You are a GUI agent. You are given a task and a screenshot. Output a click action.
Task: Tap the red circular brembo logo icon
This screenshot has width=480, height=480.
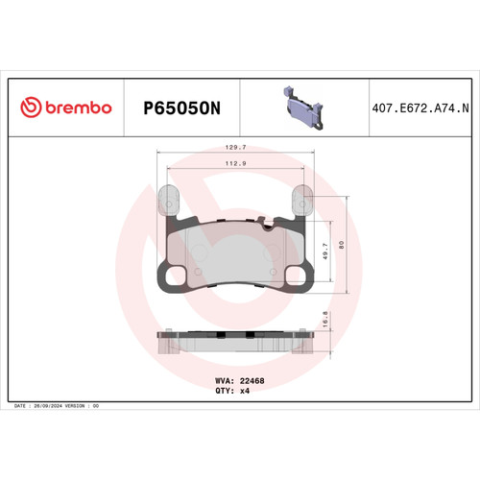(30, 108)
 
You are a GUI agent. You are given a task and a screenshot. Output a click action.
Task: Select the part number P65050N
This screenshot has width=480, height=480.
(182, 109)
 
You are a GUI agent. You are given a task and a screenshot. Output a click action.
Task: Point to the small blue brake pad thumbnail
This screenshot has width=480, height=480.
(302, 107)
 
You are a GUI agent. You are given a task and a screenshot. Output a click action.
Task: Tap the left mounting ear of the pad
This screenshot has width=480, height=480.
(168, 202)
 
